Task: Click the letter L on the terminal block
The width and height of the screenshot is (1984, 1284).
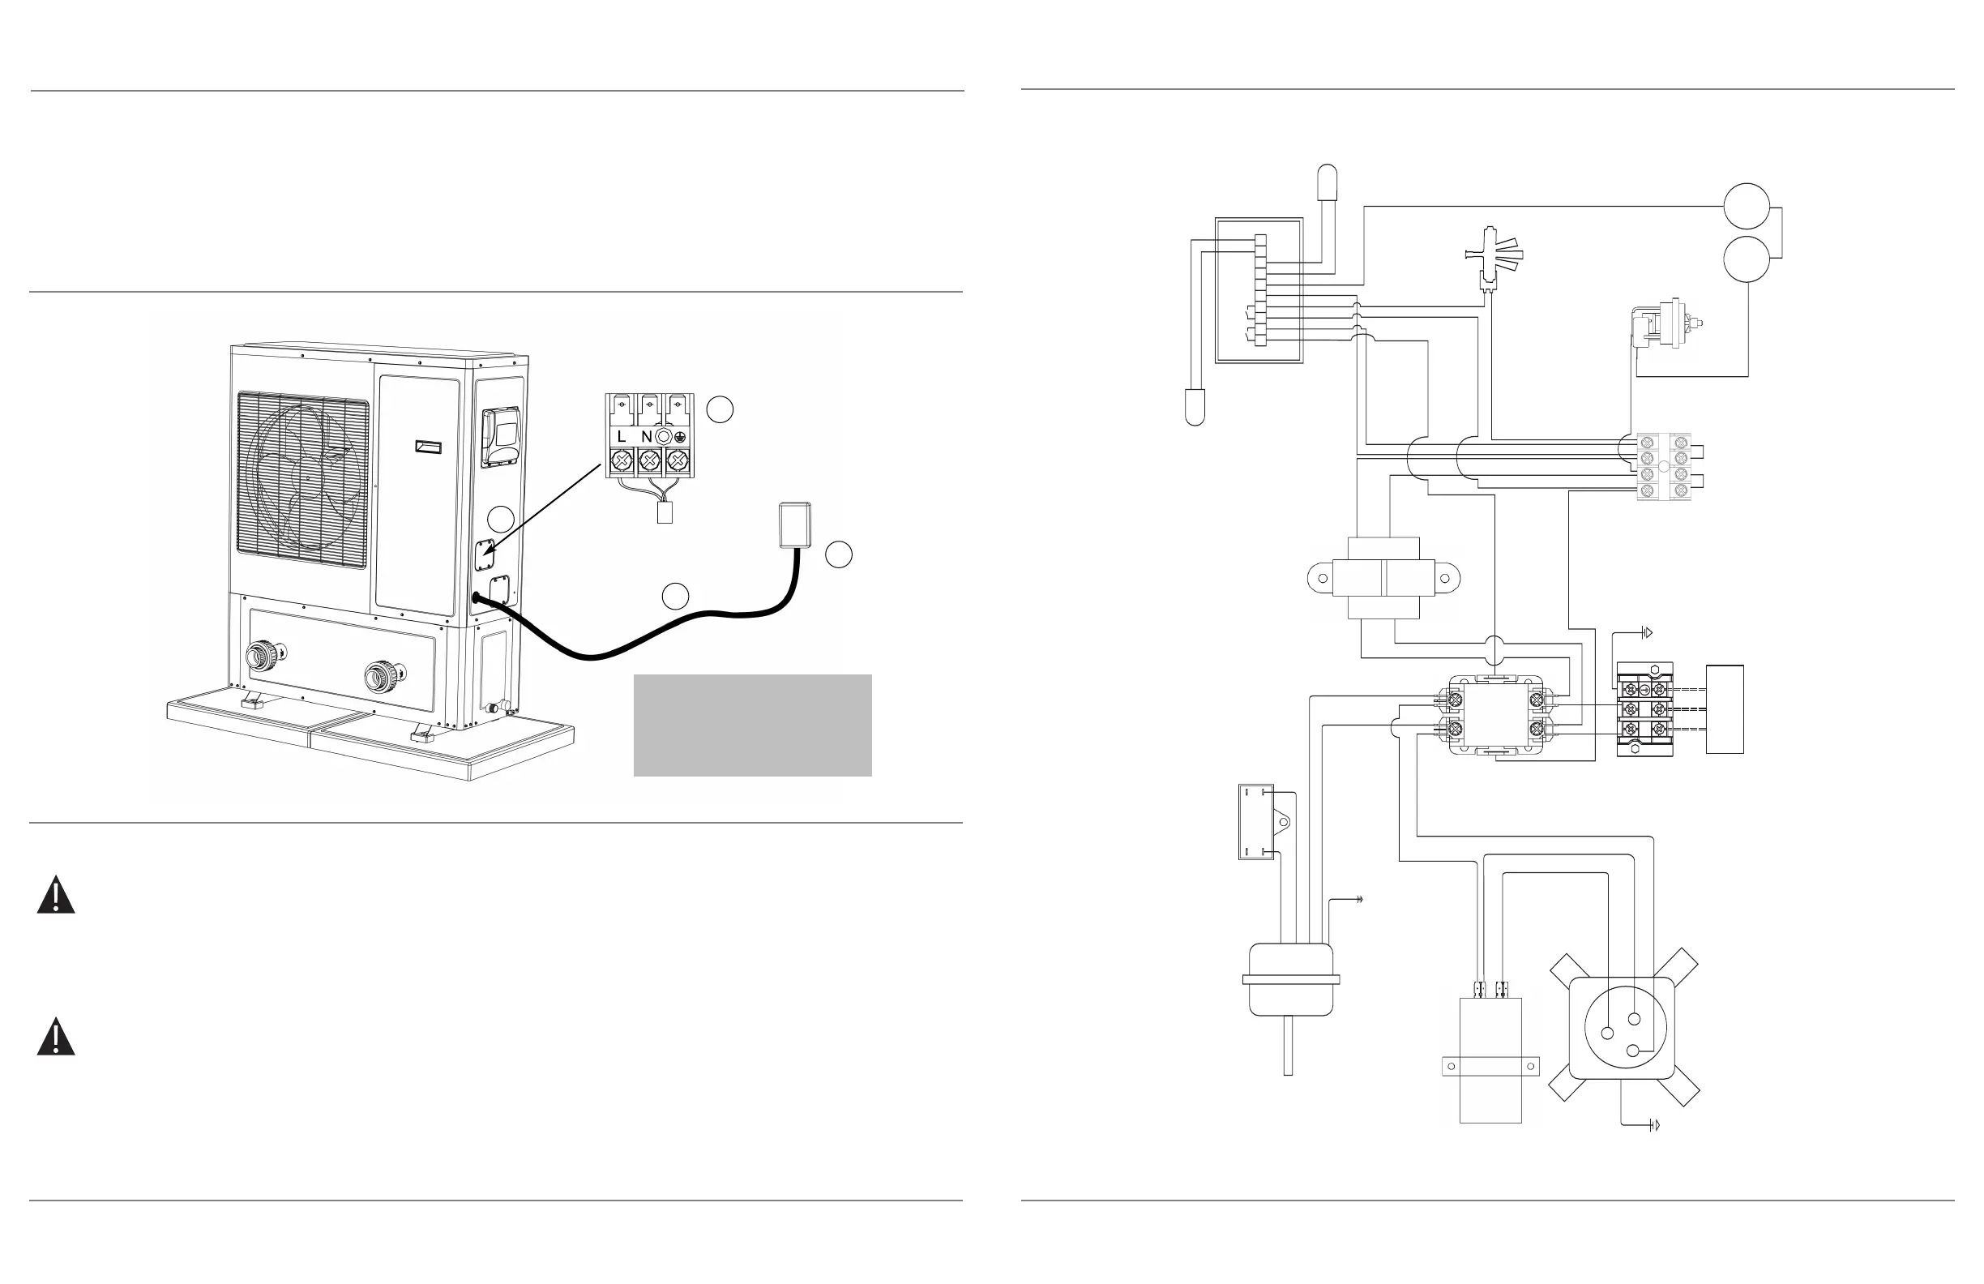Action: tap(621, 437)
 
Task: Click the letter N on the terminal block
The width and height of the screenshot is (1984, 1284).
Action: tap(647, 437)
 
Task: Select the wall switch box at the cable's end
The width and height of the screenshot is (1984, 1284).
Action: tap(794, 525)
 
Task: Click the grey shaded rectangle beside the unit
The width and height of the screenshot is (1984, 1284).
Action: tap(752, 725)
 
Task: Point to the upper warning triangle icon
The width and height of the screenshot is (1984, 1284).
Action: tap(56, 897)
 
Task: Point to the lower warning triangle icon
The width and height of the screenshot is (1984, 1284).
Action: tap(56, 1038)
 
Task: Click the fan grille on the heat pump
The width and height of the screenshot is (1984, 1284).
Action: tap(302, 480)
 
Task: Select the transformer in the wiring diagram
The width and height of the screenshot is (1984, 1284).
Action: tap(1383, 578)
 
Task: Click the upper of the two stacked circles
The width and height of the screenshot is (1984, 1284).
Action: tap(1747, 206)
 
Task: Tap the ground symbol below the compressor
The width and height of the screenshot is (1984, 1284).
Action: tap(1654, 1126)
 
